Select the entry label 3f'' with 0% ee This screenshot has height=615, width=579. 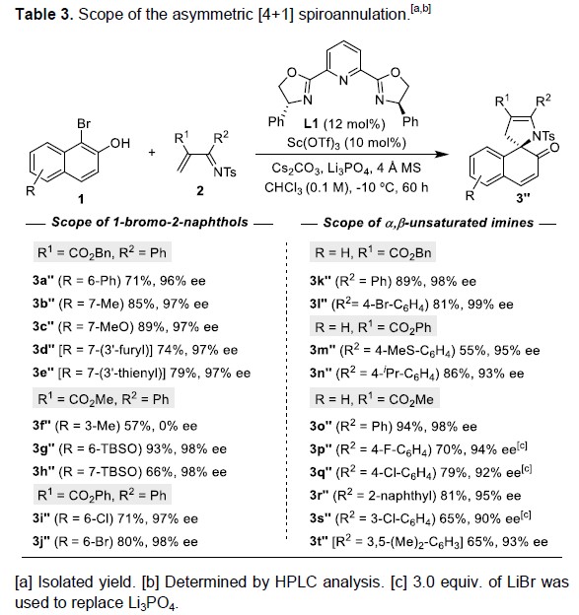pyautogui.click(x=41, y=426)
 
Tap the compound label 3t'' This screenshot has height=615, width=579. pyautogui.click(x=319, y=542)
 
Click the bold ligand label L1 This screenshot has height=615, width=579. pyautogui.click(x=311, y=123)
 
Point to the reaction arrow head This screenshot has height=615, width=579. pyautogui.click(x=443, y=154)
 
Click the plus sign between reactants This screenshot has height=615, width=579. pyautogui.click(x=152, y=153)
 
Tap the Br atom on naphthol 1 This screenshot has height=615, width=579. pyautogui.click(x=84, y=124)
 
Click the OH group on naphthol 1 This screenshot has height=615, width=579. pyautogui.click(x=120, y=144)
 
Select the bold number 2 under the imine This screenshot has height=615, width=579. pyautogui.click(x=200, y=191)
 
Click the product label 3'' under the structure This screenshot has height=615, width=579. pyautogui.click(x=524, y=198)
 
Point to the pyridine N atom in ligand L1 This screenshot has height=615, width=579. pyautogui.click(x=343, y=81)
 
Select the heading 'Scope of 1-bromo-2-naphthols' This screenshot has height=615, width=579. pyautogui.click(x=150, y=222)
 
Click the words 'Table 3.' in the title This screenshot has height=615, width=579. pyautogui.click(x=44, y=15)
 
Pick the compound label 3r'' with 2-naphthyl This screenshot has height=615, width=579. pyautogui.click(x=319, y=496)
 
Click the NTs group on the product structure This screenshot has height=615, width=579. pyautogui.click(x=543, y=136)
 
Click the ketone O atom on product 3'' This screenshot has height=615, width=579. pyautogui.click(x=554, y=148)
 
